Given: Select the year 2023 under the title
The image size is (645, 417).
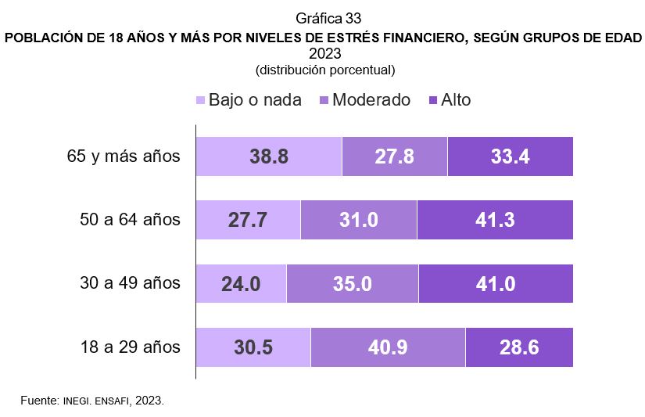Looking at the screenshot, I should click(x=325, y=54).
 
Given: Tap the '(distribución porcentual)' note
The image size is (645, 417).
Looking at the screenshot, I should click(x=325, y=70).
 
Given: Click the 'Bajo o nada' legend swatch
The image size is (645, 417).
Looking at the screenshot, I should click(x=200, y=100).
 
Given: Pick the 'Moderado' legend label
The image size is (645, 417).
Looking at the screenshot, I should click(x=371, y=100).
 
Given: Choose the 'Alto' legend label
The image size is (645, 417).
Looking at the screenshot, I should click(x=456, y=100).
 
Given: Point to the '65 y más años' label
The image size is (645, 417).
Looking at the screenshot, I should click(x=124, y=156).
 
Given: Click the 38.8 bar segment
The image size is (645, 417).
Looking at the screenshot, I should click(x=269, y=156).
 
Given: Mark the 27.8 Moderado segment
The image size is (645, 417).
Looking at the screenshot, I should click(x=395, y=156).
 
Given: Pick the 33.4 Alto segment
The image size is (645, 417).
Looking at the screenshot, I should click(x=511, y=156).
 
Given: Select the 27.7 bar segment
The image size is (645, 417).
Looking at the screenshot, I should click(x=248, y=220).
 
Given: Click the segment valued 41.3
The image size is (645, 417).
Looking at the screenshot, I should click(x=495, y=220).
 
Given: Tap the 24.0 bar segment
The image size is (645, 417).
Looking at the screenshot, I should click(x=241, y=283).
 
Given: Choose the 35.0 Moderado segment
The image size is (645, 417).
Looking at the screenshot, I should click(x=353, y=283).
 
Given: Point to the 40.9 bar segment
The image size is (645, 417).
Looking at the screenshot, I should click(x=388, y=347).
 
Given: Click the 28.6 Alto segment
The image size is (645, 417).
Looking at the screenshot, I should click(x=519, y=347).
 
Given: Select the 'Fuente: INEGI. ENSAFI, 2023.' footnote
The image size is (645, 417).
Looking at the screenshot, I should click(x=92, y=400).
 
